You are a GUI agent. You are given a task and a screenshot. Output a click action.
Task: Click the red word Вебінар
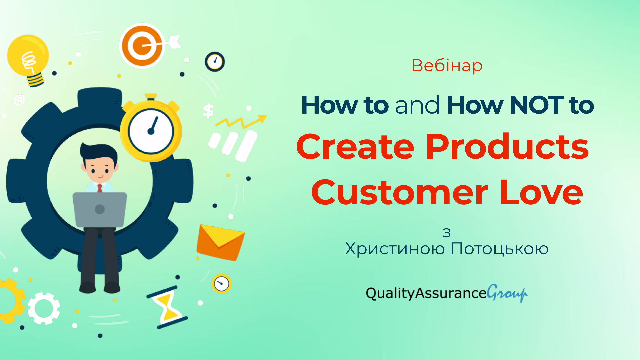[447, 65]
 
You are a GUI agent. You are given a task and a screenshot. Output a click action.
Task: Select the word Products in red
[507, 147]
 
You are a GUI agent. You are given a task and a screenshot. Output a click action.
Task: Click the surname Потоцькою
[499, 249]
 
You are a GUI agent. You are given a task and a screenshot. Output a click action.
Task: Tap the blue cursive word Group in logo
[507, 293]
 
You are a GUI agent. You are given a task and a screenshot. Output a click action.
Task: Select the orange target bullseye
[142, 46]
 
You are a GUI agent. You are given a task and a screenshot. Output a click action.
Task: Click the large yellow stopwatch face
[151, 131]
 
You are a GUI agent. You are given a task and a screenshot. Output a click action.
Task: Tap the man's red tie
[100, 188]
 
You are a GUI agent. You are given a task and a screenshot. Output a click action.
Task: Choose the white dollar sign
[208, 111]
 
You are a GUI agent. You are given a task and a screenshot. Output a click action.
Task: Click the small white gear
[44, 308]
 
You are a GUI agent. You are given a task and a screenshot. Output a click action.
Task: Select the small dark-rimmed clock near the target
[215, 62]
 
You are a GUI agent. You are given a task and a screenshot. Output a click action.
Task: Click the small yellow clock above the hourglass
[221, 284]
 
